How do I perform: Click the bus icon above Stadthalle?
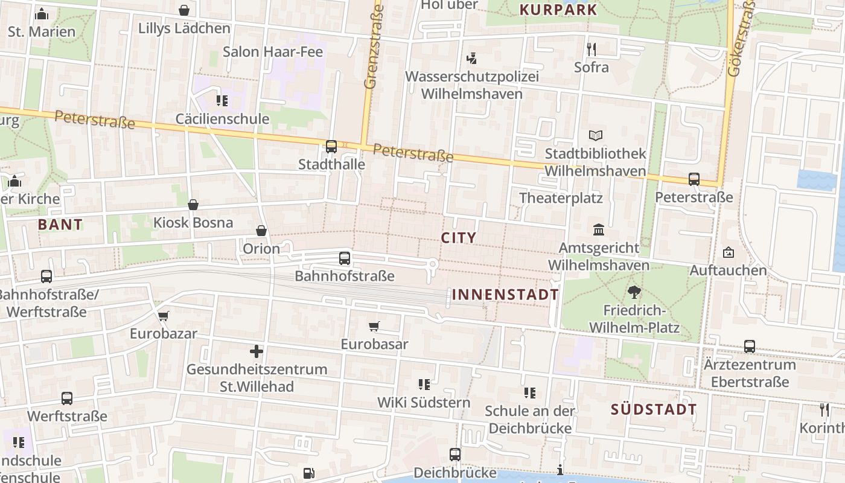coord(331,146)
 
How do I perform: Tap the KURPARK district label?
coord(558,10)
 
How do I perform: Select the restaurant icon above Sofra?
coord(591,49)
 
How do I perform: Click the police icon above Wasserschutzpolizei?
coord(471,59)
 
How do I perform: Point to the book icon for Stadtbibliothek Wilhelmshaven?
coord(596,136)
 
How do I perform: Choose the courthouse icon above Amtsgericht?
coord(599,230)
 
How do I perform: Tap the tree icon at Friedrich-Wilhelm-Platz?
coord(634,293)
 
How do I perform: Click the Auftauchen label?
coord(728,270)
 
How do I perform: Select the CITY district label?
coord(459,238)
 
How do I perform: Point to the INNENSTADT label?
coord(506,295)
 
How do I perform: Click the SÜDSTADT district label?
coord(654,409)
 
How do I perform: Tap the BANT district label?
coord(60,225)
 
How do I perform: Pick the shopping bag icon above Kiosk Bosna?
coord(193,205)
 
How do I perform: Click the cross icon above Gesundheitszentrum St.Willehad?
coord(257,351)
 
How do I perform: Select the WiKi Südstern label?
coord(424,402)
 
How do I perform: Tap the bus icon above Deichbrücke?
coord(455,455)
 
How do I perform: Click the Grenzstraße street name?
coord(374,47)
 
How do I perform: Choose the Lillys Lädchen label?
coord(184,28)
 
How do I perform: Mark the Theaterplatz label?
coord(561,198)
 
